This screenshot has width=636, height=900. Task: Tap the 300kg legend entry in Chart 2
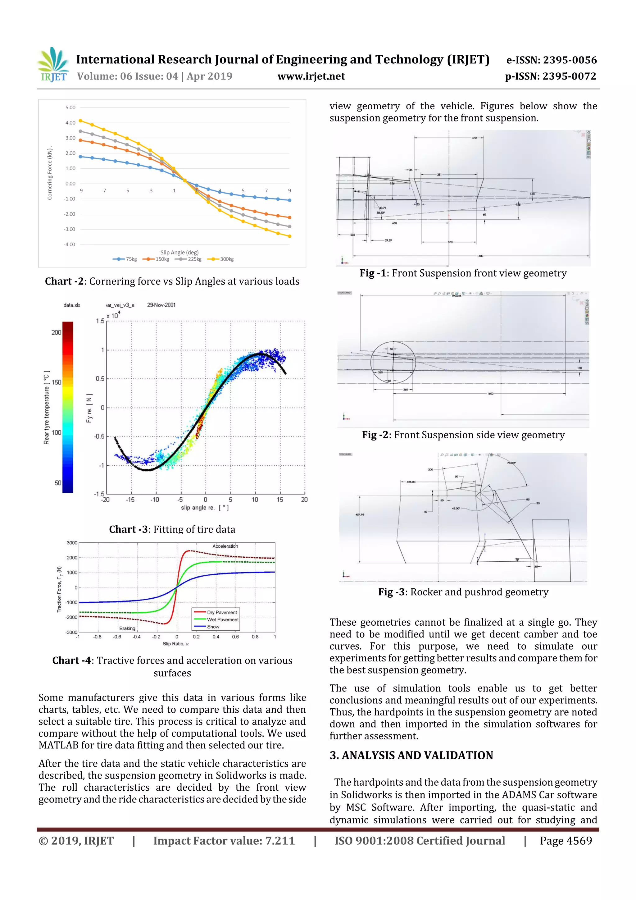click(x=222, y=259)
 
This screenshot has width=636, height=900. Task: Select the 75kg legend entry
click(x=126, y=259)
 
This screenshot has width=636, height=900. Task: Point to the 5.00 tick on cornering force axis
click(x=70, y=107)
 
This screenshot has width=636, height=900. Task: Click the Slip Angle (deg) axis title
click(x=179, y=253)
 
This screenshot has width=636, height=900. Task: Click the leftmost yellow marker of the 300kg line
click(x=80, y=121)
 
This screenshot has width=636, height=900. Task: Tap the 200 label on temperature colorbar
click(x=57, y=332)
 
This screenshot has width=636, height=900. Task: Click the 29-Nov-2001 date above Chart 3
click(x=161, y=305)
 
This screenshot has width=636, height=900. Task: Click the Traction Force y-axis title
click(x=60, y=589)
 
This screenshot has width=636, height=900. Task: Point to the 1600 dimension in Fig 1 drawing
click(x=480, y=256)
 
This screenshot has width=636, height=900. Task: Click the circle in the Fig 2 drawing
click(x=393, y=363)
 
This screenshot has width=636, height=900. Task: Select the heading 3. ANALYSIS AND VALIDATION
click(x=411, y=755)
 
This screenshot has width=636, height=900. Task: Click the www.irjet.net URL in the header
click(x=311, y=76)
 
